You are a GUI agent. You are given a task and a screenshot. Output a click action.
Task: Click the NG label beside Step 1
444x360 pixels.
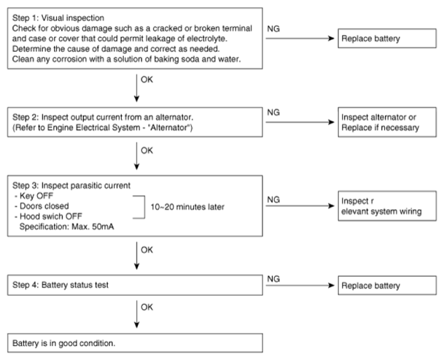pyautogui.click(x=273, y=28)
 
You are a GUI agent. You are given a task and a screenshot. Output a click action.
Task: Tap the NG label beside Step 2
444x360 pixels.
pyautogui.click(x=273, y=112)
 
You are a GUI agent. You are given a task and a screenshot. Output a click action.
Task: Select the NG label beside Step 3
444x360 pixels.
pyautogui.click(x=273, y=200)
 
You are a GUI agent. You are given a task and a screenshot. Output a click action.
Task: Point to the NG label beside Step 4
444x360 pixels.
pyautogui.click(x=273, y=279)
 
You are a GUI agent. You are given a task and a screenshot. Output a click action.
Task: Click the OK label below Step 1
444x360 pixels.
pyautogui.click(x=147, y=79)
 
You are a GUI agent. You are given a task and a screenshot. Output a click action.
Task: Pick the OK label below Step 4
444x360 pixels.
pyautogui.click(x=147, y=307)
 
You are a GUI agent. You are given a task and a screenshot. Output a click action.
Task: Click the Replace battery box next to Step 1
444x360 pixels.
pyautogui.click(x=387, y=38)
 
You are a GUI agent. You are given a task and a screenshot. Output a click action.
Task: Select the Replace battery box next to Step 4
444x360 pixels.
pyautogui.click(x=387, y=286)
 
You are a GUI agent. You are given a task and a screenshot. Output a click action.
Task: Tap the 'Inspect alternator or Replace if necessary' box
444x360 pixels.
pyautogui.click(x=387, y=122)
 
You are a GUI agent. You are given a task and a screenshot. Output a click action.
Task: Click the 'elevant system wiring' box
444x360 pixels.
pyautogui.click(x=387, y=206)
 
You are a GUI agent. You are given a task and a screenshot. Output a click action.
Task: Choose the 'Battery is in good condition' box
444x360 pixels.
pyautogui.click(x=135, y=343)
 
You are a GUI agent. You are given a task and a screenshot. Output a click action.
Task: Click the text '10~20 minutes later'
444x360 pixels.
pyautogui.click(x=187, y=207)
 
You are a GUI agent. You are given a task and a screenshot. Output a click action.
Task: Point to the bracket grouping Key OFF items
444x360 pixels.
pyautogui.click(x=144, y=207)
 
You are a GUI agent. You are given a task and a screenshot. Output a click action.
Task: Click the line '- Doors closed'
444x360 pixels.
pyautogui.click(x=42, y=206)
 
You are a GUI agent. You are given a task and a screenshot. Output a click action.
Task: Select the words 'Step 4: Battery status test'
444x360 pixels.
pyautogui.click(x=61, y=285)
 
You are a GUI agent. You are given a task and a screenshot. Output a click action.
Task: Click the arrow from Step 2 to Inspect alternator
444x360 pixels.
pyautogui.click(x=300, y=122)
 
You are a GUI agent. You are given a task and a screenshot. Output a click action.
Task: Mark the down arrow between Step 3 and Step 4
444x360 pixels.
pyautogui.click(x=136, y=256)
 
